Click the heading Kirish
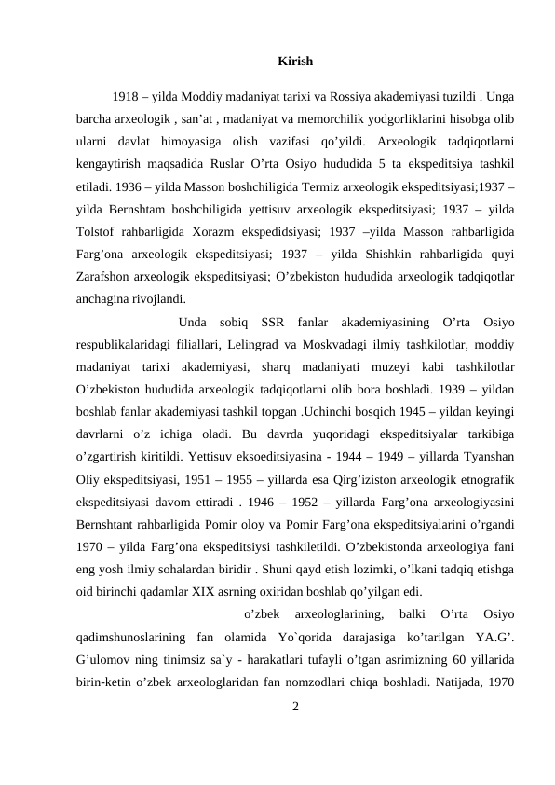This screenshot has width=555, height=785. (295, 62)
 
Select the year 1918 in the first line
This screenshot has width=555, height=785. (126, 96)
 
